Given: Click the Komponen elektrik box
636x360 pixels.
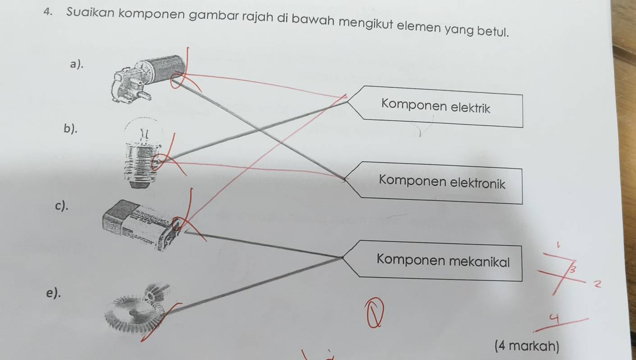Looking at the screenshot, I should pyautogui.click(x=435, y=107).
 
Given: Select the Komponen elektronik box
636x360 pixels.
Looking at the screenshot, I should pyautogui.click(x=442, y=183).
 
